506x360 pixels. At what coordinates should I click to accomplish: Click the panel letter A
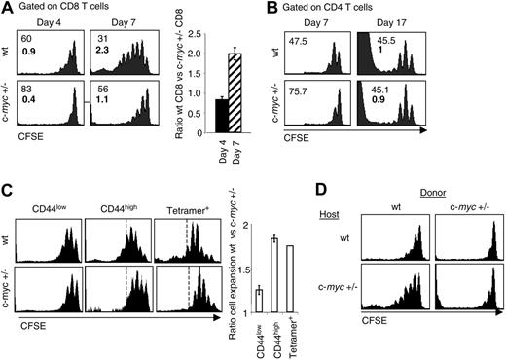coord(8,10)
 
